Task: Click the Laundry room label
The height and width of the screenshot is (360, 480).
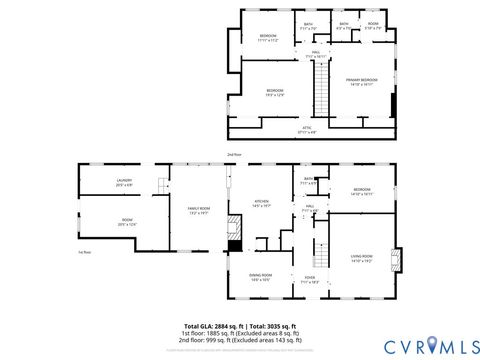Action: pyautogui.click(x=124, y=181)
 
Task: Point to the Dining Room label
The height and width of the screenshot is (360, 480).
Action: pyautogui.click(x=261, y=278)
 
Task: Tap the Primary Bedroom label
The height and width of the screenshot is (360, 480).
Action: pyautogui.click(x=362, y=82)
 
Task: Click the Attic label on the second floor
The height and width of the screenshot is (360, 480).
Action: pyautogui.click(x=308, y=128)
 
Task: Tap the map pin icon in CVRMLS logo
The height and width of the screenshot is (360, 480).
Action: pyautogui.click(x=433, y=345)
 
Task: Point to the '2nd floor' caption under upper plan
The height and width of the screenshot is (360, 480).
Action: pyautogui.click(x=234, y=154)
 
